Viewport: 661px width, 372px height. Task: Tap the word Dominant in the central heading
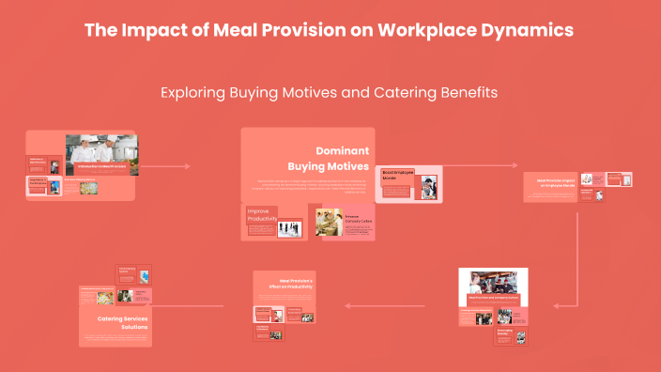342,150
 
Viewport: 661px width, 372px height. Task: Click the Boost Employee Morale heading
397,176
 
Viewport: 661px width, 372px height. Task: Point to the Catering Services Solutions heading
123,322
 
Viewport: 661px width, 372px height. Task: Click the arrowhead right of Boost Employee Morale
515,166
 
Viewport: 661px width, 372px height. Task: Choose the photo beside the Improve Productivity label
290,228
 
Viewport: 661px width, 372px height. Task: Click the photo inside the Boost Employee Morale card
428,187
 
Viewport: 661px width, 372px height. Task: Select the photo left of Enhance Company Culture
329,223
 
